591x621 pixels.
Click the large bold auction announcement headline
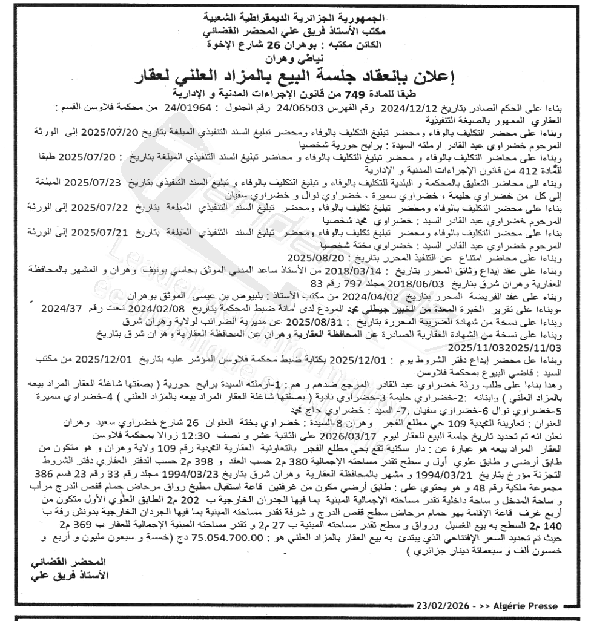tap(295, 77)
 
